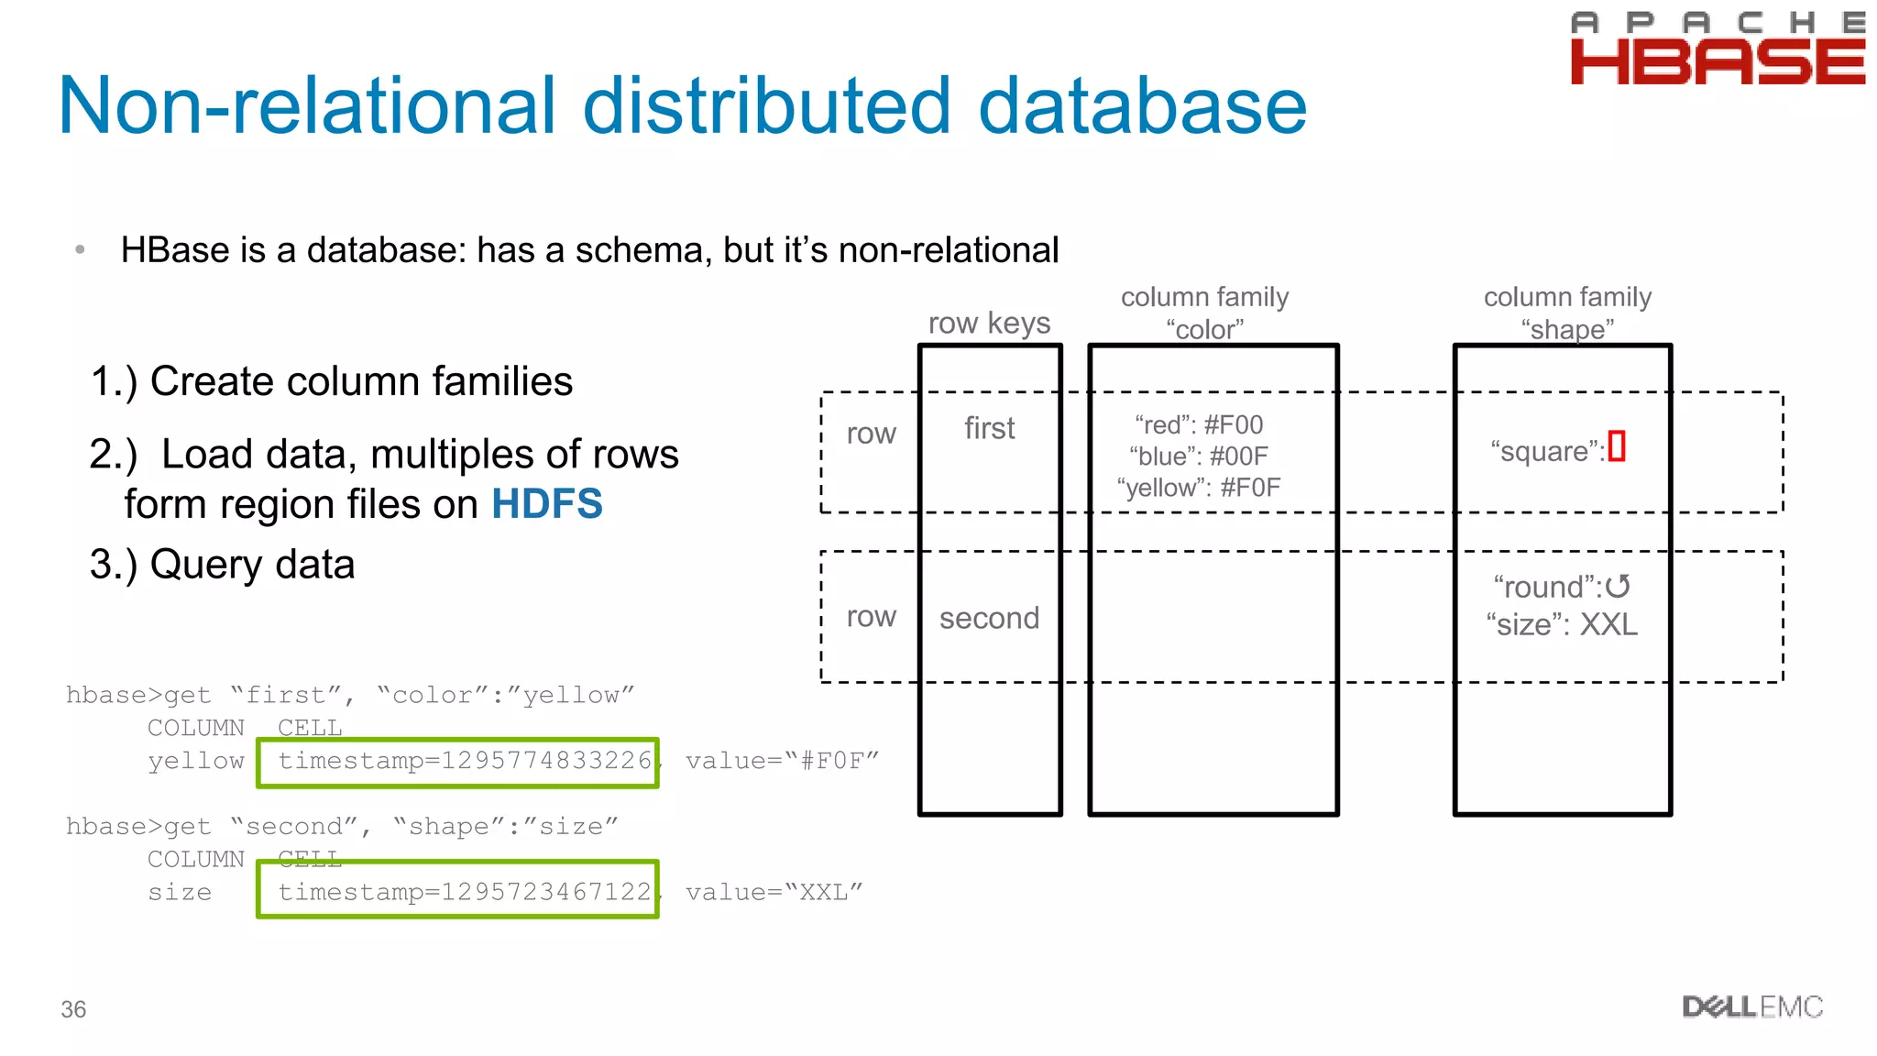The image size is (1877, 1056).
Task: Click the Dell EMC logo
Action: coord(1751,1006)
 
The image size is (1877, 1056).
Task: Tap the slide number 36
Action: coord(73,1009)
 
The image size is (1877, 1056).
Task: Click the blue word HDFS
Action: coord(547,504)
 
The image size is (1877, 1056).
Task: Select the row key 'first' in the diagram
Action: coord(989,428)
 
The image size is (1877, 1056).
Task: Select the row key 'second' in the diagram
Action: coord(989,618)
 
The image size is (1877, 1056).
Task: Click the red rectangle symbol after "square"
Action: coord(1617,446)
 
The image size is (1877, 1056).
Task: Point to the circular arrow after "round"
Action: coord(1618,587)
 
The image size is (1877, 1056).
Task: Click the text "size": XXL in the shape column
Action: coord(1562,625)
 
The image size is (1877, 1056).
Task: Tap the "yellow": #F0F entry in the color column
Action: coord(1199,488)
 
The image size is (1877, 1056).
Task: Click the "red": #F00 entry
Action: coord(1199,424)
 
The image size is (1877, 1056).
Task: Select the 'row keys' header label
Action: coord(989,323)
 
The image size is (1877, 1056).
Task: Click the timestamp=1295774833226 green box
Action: coord(457,762)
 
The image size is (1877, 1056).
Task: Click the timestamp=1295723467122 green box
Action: coord(457,889)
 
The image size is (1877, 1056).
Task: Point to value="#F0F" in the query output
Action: coord(782,761)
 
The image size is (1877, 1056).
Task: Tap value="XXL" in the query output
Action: coord(774,892)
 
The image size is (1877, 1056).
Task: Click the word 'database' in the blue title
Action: coord(1142,106)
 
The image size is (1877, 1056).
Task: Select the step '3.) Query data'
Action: coord(222,565)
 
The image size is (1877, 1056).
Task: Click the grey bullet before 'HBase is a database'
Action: coord(80,249)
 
